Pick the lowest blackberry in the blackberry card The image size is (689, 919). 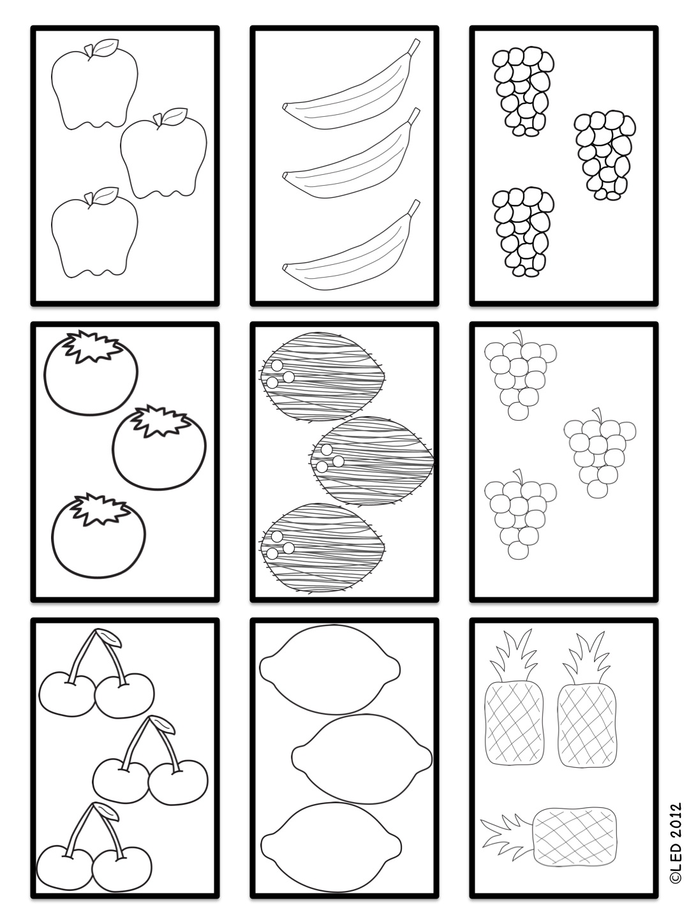pos(523,232)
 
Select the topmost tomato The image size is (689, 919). pos(91,373)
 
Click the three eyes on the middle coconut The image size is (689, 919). pos(329,458)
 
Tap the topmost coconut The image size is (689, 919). pos(322,377)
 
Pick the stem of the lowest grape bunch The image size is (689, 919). pos(519,475)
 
